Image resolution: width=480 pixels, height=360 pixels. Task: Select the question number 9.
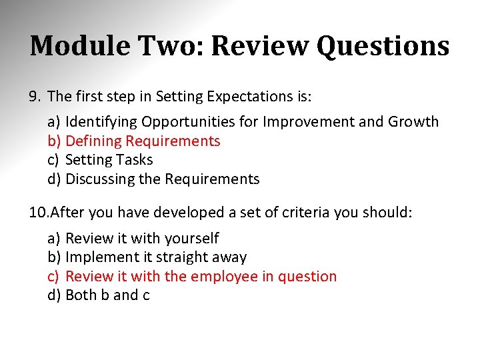(35, 97)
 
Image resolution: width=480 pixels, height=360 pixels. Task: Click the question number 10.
(38, 213)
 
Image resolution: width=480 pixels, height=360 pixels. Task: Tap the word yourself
(192, 238)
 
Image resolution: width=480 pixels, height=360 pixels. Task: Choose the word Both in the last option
(81, 295)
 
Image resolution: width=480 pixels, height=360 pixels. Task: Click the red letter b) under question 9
(54, 141)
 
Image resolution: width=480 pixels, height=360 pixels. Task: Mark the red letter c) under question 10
(53, 276)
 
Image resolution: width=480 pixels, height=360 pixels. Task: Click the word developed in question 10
(186, 213)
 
